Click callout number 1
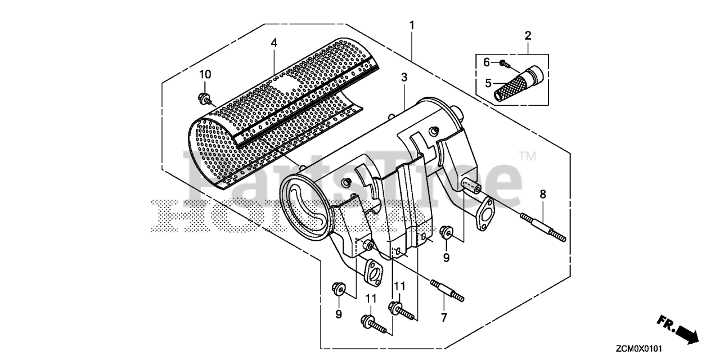(412, 25)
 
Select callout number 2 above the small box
(528, 35)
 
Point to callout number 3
(404, 79)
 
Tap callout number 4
(274, 43)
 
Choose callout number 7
(444, 318)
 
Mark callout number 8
(542, 195)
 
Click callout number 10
(205, 74)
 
